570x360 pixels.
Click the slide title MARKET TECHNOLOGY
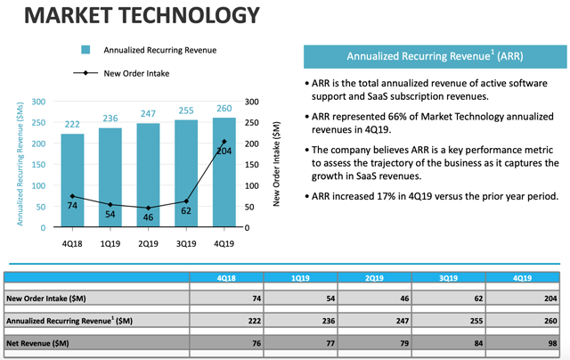[133, 16]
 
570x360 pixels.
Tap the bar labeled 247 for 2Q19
[150, 175]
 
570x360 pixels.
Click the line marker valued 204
[224, 142]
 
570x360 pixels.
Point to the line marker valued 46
[150, 208]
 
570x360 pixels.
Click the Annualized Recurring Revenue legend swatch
[86, 50]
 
